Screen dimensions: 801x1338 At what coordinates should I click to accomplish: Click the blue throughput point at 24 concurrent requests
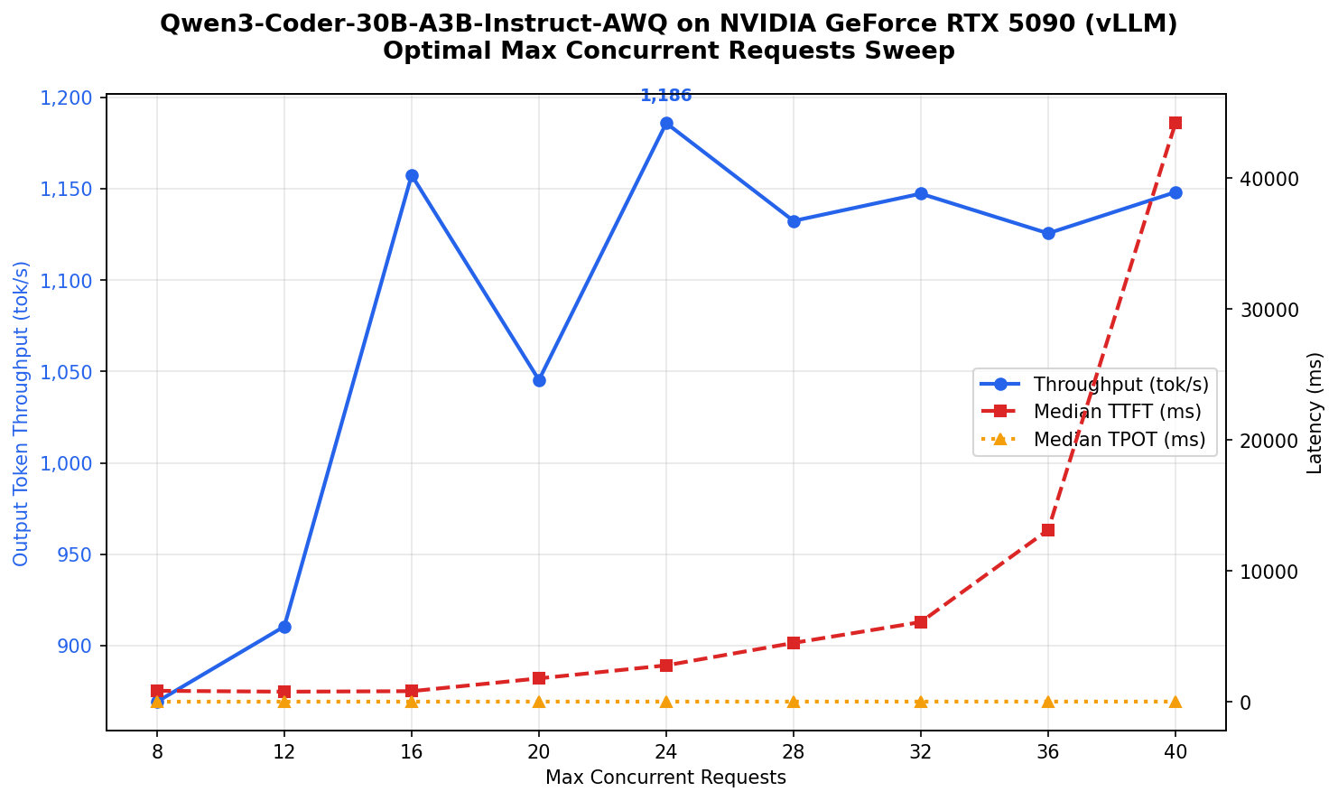pos(666,124)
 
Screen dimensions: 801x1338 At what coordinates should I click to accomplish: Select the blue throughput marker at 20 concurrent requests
pos(539,380)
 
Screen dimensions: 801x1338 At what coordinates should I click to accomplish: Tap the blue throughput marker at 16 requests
pos(412,176)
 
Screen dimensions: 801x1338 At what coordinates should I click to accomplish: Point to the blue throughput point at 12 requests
pos(284,627)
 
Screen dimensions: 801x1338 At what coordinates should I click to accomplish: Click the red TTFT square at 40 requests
pos(1175,123)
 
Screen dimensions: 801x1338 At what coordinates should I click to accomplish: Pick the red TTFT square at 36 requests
pos(1048,530)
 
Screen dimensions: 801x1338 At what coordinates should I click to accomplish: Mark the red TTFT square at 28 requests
pos(794,643)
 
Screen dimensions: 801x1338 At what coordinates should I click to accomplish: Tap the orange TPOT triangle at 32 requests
pos(921,702)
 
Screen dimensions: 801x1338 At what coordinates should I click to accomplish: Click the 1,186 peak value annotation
pos(666,96)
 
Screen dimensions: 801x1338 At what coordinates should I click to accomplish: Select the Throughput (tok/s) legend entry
pos(1120,384)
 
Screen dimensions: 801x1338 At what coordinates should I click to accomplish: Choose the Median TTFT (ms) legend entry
pos(1117,412)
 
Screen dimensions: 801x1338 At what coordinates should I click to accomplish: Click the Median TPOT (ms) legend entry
pos(1120,440)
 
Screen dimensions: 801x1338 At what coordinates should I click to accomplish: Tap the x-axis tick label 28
pos(794,751)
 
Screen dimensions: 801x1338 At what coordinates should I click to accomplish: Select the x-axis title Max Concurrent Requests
pos(665,778)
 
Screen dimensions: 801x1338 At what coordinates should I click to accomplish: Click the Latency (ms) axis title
pos(1315,413)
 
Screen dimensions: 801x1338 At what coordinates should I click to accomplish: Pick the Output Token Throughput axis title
pos(22,413)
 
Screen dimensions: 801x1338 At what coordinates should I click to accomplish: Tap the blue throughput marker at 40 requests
pos(1175,193)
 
